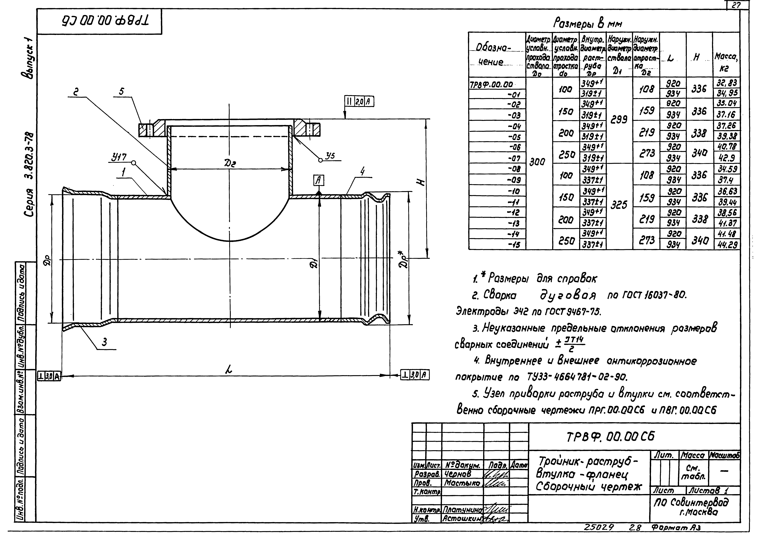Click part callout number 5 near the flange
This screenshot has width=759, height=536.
coord(121,92)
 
